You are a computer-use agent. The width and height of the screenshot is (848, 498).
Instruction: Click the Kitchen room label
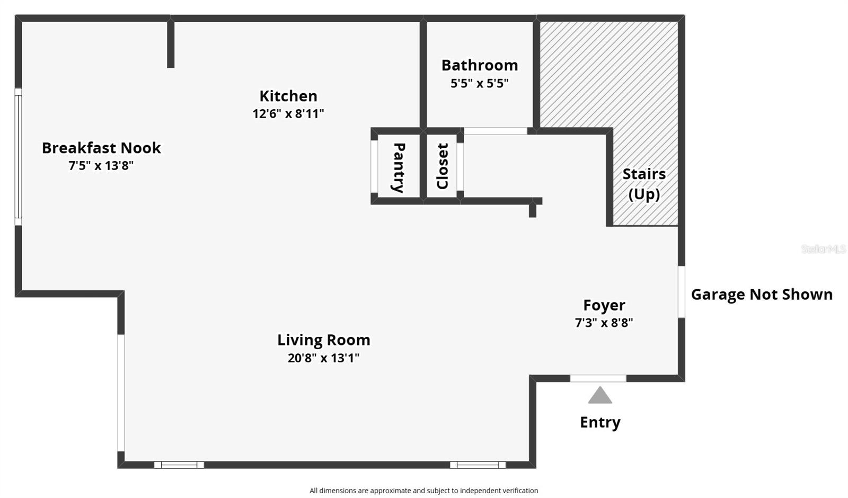click(x=288, y=96)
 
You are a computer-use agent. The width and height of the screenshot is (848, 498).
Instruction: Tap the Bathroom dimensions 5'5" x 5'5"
click(x=479, y=83)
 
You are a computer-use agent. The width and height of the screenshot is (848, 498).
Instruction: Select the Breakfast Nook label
click(x=101, y=148)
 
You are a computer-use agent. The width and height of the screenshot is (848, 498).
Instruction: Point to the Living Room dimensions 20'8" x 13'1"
click(x=323, y=358)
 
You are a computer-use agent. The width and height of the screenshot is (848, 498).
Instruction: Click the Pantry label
click(x=399, y=167)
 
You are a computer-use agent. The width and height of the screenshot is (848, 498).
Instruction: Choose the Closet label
click(x=442, y=166)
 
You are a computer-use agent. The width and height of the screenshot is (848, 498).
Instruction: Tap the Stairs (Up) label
click(x=644, y=184)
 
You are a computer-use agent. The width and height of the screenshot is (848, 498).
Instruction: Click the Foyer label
click(x=604, y=305)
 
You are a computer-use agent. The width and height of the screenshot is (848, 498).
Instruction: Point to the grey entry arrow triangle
click(x=599, y=395)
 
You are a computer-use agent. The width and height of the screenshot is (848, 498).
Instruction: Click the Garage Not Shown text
click(x=762, y=295)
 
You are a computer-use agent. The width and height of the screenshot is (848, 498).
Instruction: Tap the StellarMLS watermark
click(x=824, y=249)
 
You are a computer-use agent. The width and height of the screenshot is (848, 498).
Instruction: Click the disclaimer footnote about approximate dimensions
click(x=423, y=491)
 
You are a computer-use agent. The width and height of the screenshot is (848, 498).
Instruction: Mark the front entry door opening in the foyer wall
click(x=598, y=378)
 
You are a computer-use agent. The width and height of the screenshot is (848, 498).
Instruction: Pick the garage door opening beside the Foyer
click(x=681, y=292)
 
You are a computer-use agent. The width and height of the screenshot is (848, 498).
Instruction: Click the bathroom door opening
click(x=495, y=131)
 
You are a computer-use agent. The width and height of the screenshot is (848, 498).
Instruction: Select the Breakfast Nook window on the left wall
click(x=18, y=157)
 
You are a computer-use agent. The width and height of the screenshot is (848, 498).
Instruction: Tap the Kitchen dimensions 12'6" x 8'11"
click(x=288, y=114)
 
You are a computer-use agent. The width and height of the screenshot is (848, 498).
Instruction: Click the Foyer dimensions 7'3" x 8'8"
click(x=604, y=323)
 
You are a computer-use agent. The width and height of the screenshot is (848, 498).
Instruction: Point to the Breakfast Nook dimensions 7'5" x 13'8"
click(x=101, y=166)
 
